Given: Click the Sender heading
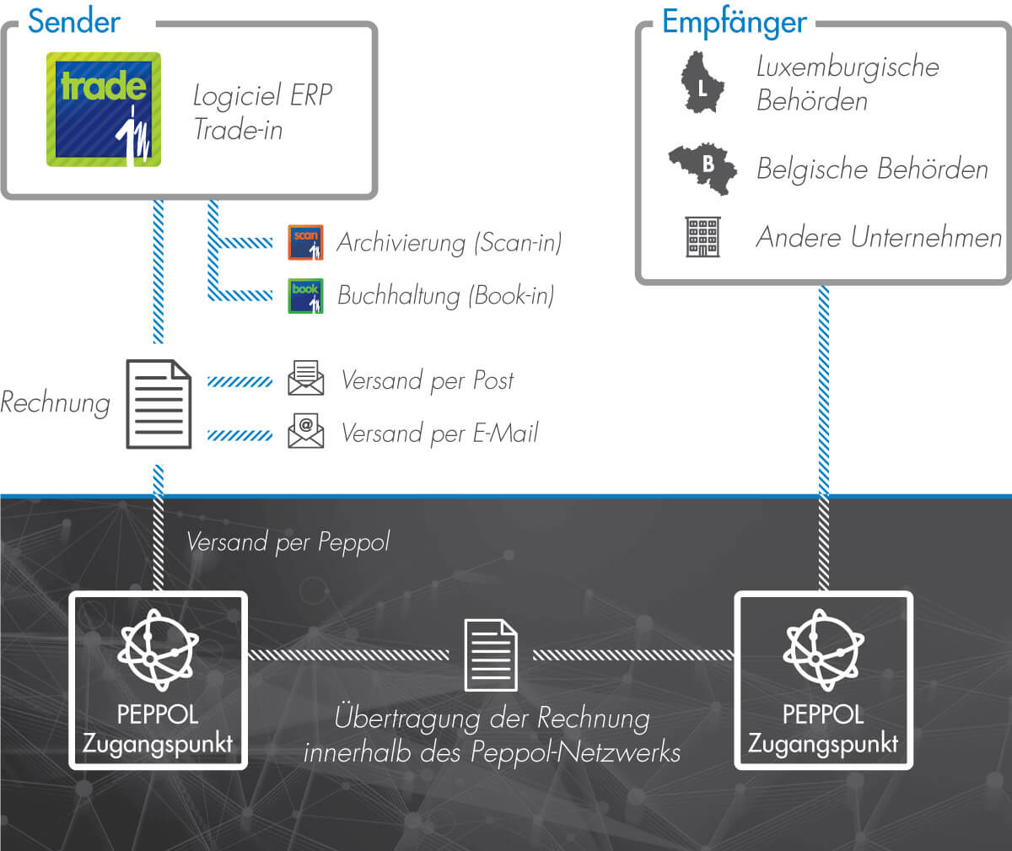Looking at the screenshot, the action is [x=73, y=21].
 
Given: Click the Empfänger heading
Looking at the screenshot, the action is [x=735, y=22].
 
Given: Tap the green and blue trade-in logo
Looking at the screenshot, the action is [x=103, y=110].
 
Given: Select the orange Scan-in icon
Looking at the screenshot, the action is [x=305, y=242].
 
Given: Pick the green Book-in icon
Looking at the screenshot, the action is [x=305, y=296].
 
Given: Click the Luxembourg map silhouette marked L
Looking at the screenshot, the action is [x=702, y=83].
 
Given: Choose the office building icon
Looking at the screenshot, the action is [x=702, y=236].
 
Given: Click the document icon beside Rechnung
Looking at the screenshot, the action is [x=159, y=404].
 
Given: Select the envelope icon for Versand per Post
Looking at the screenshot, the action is [x=306, y=378].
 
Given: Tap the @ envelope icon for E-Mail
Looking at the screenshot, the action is [x=306, y=430].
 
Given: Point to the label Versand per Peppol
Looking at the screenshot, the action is [x=288, y=541].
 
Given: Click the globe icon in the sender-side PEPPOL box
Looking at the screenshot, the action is [x=158, y=649].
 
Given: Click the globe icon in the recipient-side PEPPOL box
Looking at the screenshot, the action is [x=823, y=649].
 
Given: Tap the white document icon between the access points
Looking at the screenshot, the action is [x=491, y=654].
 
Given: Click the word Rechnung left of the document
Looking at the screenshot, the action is [x=56, y=403].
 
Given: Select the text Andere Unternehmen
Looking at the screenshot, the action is [x=879, y=237].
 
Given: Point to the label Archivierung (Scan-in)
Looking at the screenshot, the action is [x=449, y=242].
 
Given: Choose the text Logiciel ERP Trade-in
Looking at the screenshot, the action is [x=262, y=112].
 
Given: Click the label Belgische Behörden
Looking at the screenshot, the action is [x=872, y=169].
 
